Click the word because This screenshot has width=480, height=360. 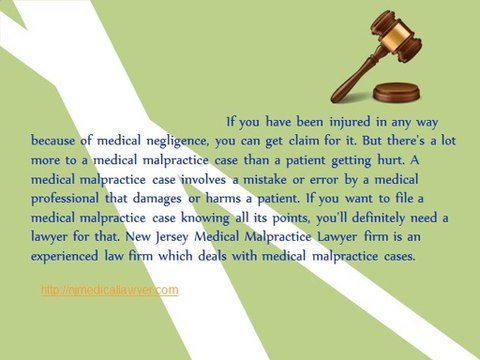(56, 141)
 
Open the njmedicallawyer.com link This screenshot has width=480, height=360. (110, 290)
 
